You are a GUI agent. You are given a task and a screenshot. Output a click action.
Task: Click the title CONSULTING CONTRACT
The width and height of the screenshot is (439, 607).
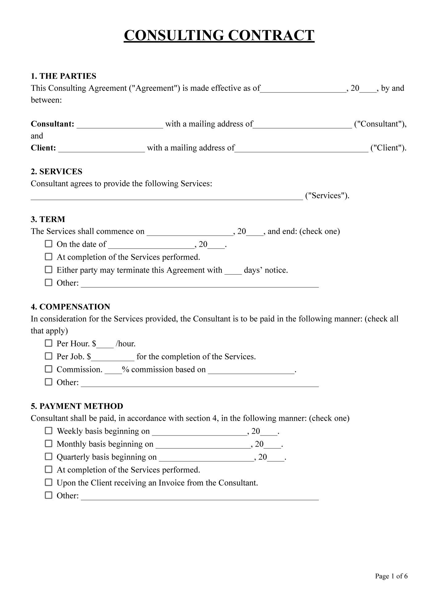219,35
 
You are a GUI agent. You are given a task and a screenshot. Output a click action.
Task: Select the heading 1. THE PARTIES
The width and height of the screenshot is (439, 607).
64,76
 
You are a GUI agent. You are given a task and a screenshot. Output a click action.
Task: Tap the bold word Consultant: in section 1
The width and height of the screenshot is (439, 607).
52,124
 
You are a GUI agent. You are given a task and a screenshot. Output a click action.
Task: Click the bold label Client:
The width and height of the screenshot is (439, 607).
43,148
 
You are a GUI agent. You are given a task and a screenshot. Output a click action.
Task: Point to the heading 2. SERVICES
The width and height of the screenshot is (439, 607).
56,171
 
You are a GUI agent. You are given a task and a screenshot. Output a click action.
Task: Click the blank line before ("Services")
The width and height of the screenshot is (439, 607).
166,197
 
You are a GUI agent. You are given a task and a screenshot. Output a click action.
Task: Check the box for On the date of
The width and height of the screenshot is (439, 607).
49,244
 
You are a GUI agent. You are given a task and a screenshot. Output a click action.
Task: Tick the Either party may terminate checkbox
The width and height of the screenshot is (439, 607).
49,270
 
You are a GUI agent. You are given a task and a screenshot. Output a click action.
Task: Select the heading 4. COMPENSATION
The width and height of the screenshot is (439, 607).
70,307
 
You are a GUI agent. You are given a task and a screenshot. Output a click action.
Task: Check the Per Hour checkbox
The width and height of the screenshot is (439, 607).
49,343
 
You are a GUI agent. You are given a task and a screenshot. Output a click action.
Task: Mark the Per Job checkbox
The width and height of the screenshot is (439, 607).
49,356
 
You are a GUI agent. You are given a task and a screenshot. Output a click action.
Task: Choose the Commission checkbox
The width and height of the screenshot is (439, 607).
49,369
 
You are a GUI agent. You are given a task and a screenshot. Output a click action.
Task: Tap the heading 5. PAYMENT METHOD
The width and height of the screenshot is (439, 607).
77,406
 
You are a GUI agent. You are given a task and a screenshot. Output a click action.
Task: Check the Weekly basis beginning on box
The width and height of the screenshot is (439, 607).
49,431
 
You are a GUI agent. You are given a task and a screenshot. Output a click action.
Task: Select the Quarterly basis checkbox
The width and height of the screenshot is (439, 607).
49,456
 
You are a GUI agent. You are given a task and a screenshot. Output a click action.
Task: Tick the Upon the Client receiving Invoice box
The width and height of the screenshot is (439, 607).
49,482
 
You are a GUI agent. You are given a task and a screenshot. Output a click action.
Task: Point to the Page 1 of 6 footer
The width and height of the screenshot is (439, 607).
391,576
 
